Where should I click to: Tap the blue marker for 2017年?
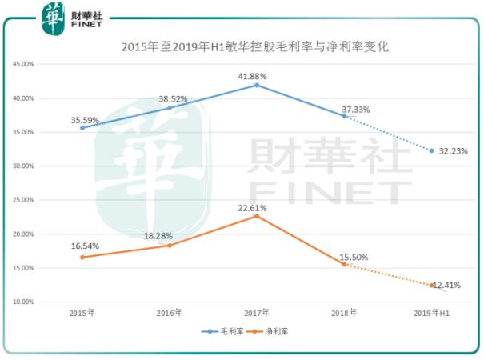(257, 85)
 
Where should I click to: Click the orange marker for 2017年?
(257, 216)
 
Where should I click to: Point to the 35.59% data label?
(86, 120)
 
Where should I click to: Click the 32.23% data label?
(453, 151)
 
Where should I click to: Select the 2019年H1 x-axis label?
(432, 312)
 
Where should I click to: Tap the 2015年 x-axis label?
(82, 312)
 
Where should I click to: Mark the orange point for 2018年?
(344, 264)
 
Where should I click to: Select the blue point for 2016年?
(170, 108)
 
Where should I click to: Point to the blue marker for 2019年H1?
(432, 150)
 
